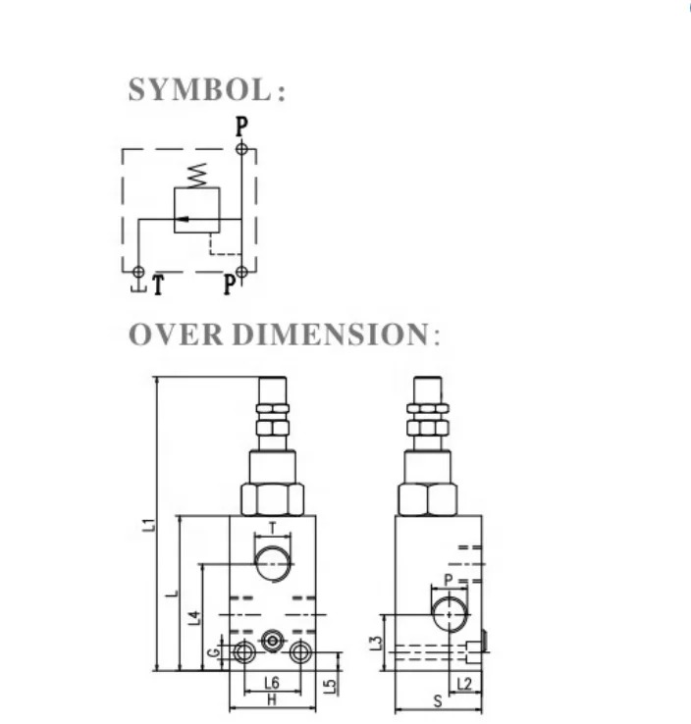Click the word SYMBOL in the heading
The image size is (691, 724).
point(199,90)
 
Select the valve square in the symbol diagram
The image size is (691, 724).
point(196,210)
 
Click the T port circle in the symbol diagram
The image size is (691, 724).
point(138,272)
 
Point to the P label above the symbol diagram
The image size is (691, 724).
point(240,127)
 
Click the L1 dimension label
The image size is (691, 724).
point(148,525)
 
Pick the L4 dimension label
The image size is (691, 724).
point(194,617)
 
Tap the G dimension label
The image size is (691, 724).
point(211,652)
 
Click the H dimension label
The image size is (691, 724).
point(272,699)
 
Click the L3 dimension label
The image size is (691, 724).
point(376,643)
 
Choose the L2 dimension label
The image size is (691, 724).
point(464,684)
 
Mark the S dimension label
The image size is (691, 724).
point(439,701)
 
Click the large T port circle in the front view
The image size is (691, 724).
point(272,563)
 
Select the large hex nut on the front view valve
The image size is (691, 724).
point(272,498)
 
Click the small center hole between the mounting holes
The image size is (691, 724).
point(272,639)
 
